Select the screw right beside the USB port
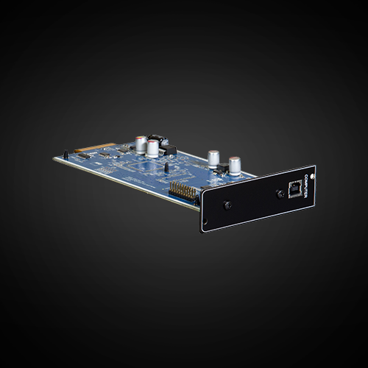tap(279, 194)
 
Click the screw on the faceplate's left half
tap(228, 205)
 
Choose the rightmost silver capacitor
tap(234, 164)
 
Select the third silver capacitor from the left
tap(213, 158)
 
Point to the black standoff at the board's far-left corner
tap(66, 155)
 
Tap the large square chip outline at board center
tap(147, 169)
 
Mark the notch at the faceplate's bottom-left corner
tap(204, 229)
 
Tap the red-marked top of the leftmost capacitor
tap(139, 137)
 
